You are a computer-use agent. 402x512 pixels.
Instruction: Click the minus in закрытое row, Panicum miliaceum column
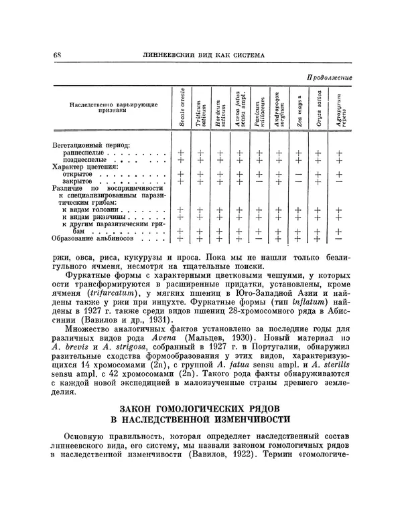tap(258, 182)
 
